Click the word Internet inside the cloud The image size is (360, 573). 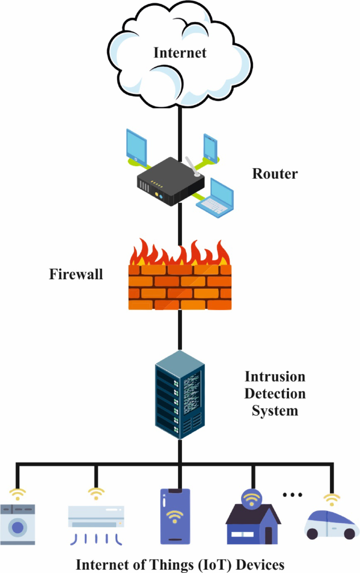pos(180,53)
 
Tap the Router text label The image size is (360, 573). pos(275,174)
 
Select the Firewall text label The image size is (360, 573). pos(76,274)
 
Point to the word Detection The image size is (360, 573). pos(275,394)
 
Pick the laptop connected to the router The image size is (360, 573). pos(215,198)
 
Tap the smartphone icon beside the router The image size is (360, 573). pos(210,147)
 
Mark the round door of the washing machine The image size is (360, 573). pos(17,527)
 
